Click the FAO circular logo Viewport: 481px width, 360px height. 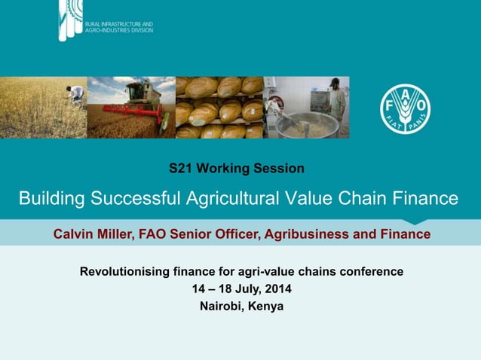(x=405, y=108)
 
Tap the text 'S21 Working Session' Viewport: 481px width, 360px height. (x=236, y=168)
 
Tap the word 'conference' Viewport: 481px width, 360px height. (x=373, y=271)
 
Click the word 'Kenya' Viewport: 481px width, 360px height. (x=267, y=306)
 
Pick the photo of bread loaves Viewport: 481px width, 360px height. (x=219, y=107)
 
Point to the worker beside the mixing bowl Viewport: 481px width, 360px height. (x=336, y=102)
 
